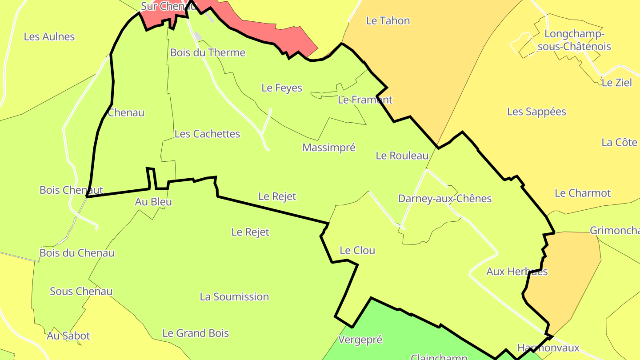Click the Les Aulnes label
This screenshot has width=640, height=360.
[x=49, y=36]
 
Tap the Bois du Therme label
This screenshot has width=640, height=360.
[x=208, y=52]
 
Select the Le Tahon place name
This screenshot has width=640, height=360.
[x=388, y=20]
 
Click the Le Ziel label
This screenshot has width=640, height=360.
[x=616, y=82]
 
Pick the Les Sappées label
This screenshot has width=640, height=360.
[x=536, y=112]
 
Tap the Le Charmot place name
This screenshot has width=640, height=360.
[x=583, y=193]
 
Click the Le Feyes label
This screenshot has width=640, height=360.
[x=282, y=88]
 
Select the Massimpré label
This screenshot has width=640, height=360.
[x=329, y=148]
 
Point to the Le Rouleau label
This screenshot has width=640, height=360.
[x=402, y=156]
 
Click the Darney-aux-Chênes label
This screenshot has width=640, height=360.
[x=444, y=198]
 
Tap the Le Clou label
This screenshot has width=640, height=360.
[x=357, y=250]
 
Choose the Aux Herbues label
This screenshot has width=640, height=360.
[x=517, y=271]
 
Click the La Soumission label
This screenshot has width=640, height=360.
[x=234, y=296]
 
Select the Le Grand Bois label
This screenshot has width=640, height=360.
[x=196, y=333]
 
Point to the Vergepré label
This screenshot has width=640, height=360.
[x=360, y=340]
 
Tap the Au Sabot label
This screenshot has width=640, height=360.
[x=68, y=336]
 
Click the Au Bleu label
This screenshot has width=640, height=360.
[x=153, y=202]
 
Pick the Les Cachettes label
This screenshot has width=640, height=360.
[x=207, y=134]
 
